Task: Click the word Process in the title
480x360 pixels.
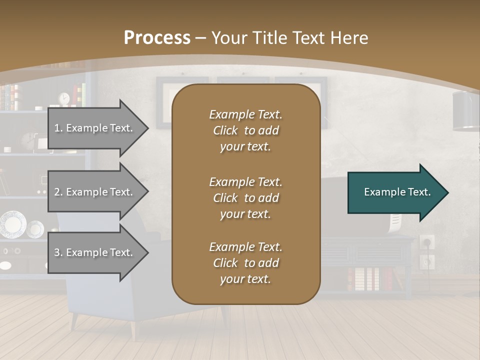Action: tap(157, 37)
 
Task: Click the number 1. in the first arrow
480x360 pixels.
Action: tap(58, 128)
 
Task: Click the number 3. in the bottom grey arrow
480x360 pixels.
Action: tap(58, 252)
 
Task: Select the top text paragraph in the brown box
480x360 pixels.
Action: tap(245, 130)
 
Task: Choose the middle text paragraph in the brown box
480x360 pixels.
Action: tap(245, 197)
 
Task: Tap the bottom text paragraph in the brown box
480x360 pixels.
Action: tap(245, 263)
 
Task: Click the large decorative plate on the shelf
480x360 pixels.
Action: tap(12, 224)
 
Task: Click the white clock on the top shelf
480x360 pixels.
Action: tap(63, 99)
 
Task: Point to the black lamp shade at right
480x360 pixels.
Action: tap(466, 111)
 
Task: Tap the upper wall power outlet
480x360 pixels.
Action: tap(426, 242)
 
